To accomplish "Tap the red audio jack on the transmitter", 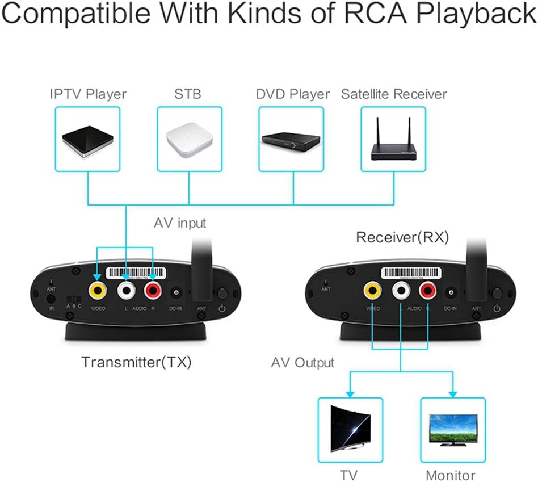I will [153, 291].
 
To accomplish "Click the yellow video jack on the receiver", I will [372, 291].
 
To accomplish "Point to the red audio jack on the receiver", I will [428, 291].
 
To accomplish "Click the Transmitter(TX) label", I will [136, 362].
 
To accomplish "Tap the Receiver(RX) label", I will [402, 237].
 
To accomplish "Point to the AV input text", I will [180, 223].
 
